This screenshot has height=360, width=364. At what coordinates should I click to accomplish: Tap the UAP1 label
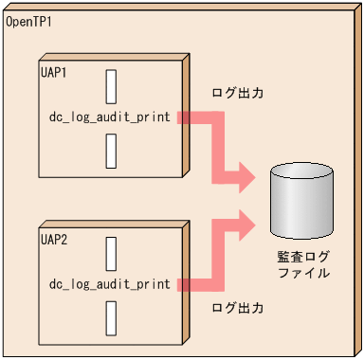click(x=54, y=72)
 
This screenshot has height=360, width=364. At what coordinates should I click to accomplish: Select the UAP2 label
click(x=54, y=239)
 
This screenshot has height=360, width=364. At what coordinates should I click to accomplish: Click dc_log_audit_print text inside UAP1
click(x=110, y=117)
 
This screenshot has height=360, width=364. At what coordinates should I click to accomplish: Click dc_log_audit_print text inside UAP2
click(x=110, y=284)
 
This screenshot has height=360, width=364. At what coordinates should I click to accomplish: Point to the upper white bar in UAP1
click(x=111, y=86)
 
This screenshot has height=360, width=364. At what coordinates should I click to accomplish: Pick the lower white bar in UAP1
click(x=111, y=150)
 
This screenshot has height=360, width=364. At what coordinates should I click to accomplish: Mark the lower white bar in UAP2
click(x=111, y=316)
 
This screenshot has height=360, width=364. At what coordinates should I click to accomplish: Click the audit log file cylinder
click(x=301, y=204)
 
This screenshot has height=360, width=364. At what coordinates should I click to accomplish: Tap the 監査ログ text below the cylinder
click(x=302, y=257)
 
